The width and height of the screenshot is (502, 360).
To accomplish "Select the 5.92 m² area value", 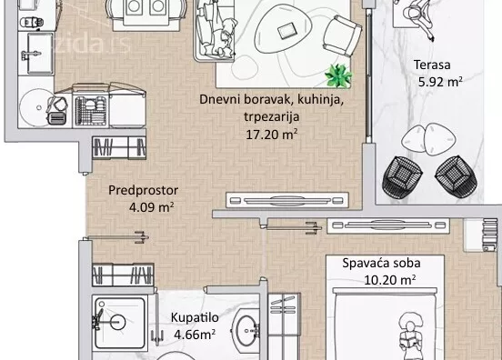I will point(439,81).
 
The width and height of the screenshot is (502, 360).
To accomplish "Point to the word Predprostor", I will point(142,190).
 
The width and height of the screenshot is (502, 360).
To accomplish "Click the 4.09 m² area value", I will point(152,206).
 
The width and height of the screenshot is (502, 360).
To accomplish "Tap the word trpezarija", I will point(271,116).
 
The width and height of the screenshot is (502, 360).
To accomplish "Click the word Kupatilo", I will point(193,318).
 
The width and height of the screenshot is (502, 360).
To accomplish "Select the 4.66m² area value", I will point(193,335).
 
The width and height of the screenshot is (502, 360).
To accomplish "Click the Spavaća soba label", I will point(381,264).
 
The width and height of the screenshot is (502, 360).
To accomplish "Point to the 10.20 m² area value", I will point(391,280).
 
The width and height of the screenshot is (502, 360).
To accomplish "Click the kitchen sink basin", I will point(42,45).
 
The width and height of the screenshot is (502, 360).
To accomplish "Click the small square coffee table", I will point(288,31).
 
